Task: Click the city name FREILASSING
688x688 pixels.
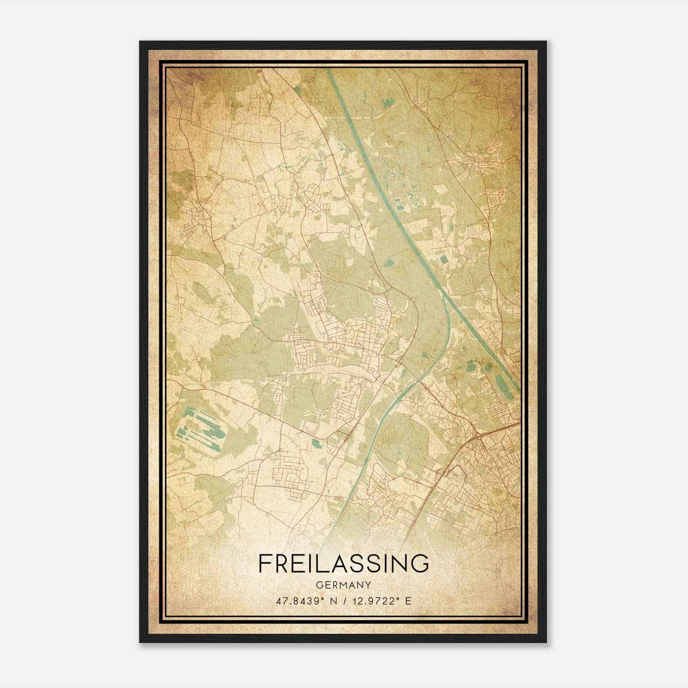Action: pyautogui.click(x=344, y=563)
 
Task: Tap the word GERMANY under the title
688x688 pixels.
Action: pyautogui.click(x=344, y=585)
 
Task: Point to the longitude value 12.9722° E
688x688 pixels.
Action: pyautogui.click(x=381, y=600)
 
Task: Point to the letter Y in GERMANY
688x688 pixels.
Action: pyautogui.click(x=368, y=585)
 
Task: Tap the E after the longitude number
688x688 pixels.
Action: pyautogui.click(x=409, y=600)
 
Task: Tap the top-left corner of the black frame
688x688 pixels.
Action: pyautogui.click(x=140, y=42)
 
